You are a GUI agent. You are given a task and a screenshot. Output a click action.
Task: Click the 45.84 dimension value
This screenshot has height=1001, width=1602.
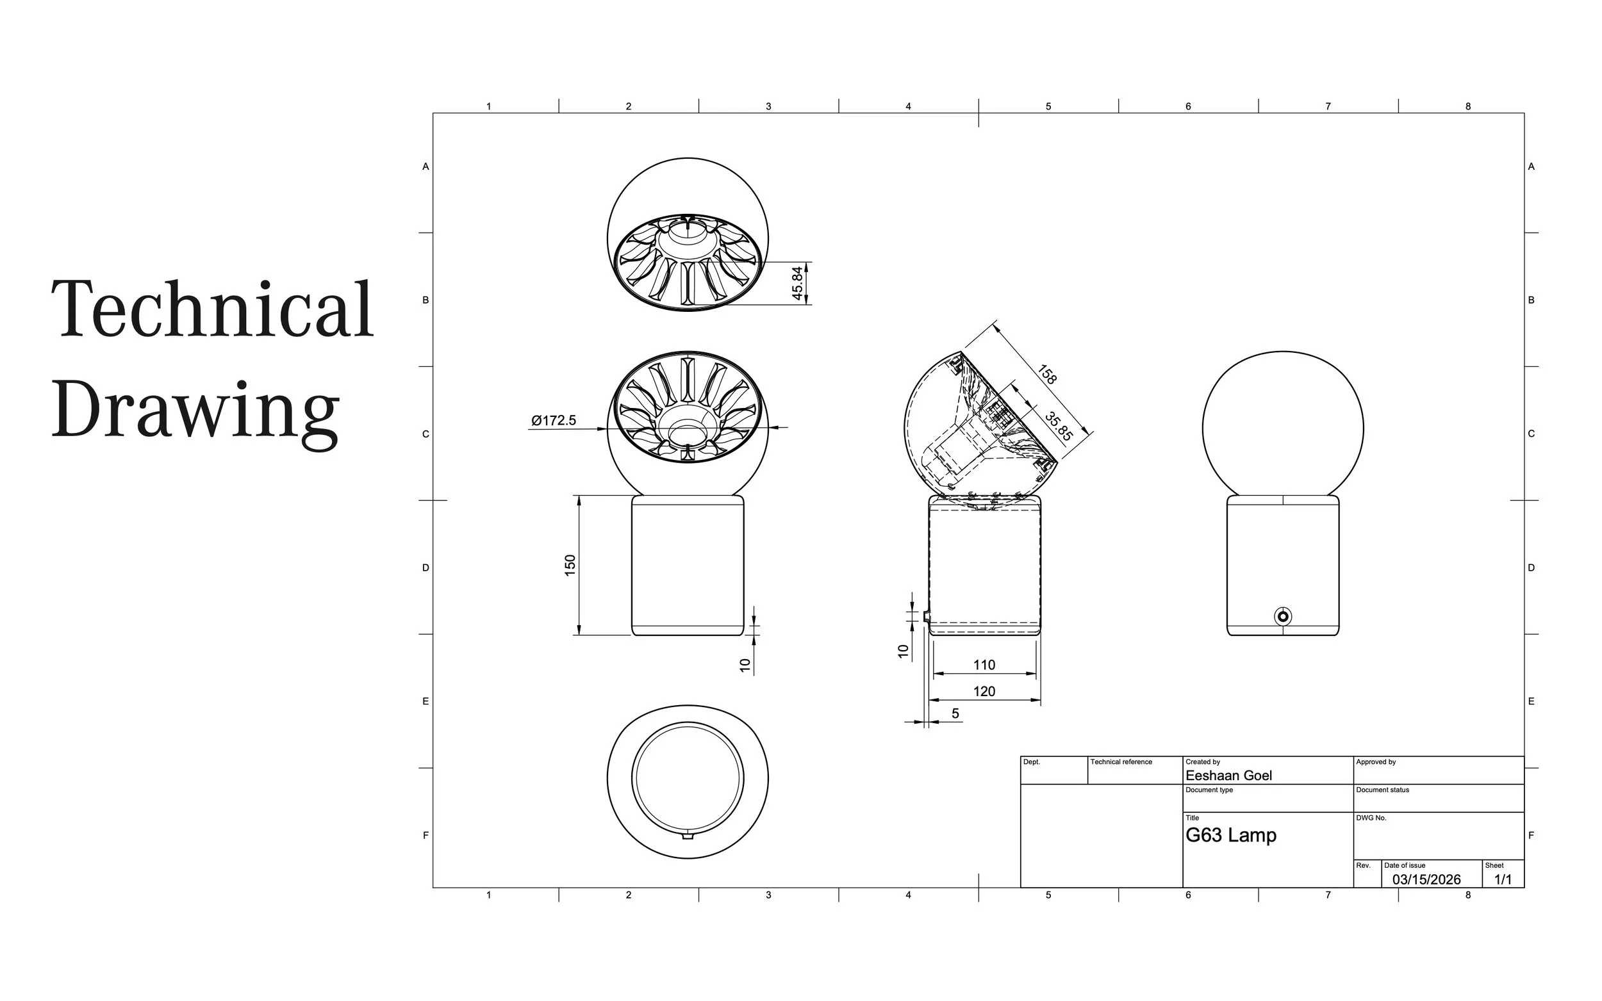(797, 282)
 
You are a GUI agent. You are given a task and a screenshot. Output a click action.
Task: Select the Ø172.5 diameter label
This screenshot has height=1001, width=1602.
(554, 420)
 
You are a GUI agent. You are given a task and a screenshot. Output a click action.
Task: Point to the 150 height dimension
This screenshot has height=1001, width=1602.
(570, 566)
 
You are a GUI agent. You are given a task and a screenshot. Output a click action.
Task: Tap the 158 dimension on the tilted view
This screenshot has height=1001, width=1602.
(1047, 374)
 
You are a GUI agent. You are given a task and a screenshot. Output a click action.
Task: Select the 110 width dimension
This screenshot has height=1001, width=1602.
(984, 665)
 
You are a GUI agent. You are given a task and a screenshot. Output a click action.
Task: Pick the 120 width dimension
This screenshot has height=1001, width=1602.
(984, 691)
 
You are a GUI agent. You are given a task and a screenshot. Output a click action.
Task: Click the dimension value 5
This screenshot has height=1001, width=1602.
(955, 713)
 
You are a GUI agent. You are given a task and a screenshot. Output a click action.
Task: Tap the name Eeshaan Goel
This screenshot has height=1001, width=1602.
(1228, 775)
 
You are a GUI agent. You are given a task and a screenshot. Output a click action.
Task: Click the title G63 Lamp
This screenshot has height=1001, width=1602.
(1230, 835)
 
